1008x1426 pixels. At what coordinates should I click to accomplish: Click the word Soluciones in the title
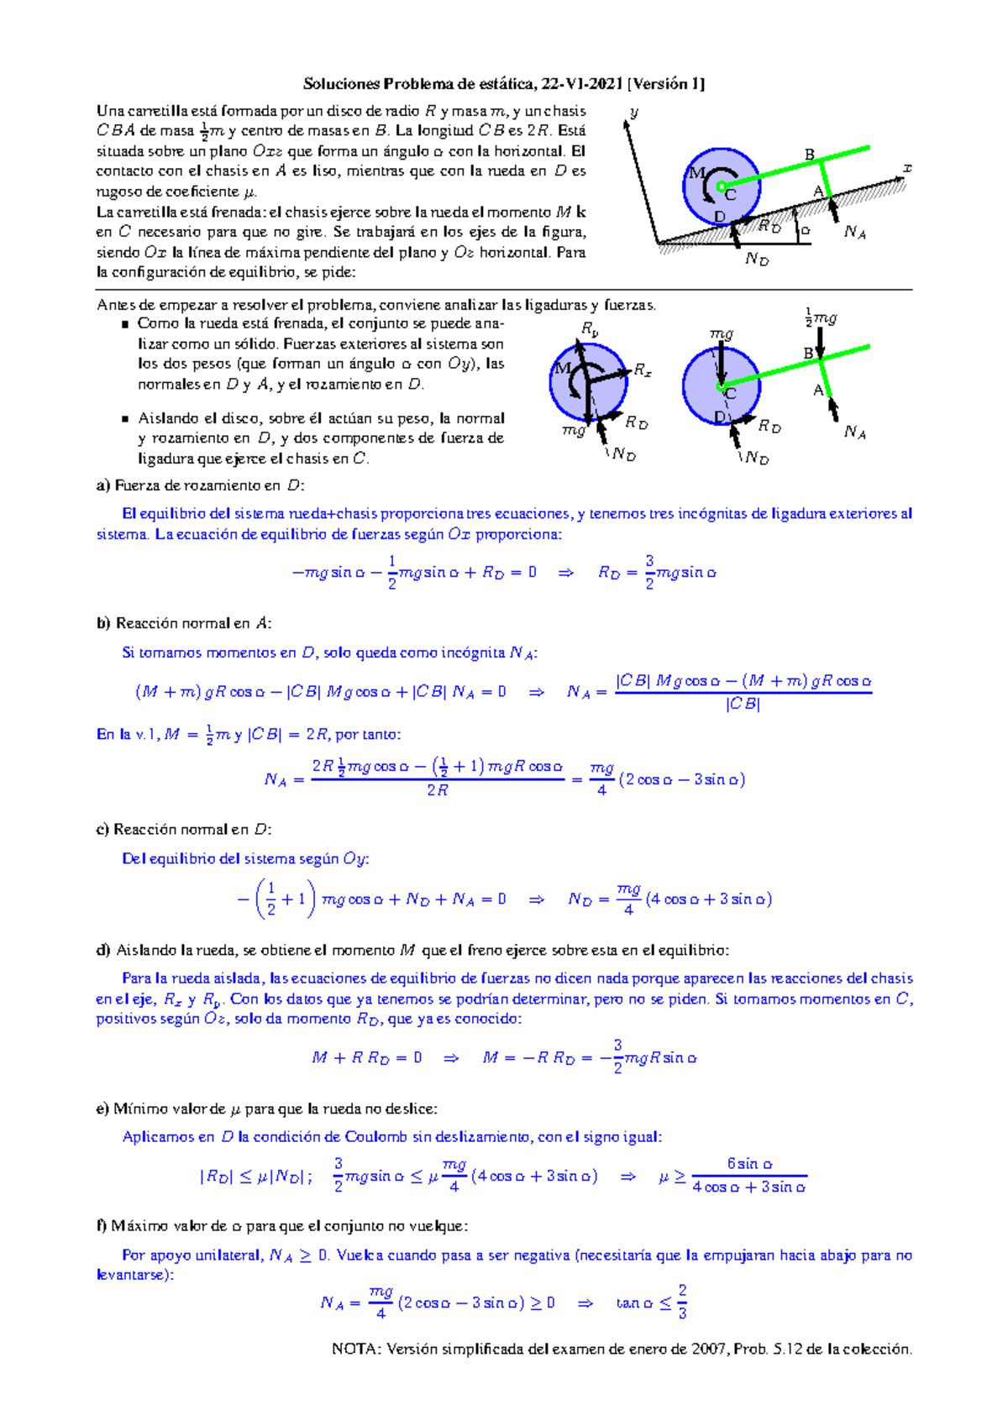coord(342,84)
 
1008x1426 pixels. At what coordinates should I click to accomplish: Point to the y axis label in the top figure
coord(634,113)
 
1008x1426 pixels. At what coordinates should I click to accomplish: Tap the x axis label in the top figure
coord(907,168)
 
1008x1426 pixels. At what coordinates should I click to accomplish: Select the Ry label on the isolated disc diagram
coord(590,330)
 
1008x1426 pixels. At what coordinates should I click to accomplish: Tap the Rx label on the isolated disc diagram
coord(643,370)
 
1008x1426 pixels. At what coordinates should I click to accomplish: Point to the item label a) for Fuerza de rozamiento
coord(103,485)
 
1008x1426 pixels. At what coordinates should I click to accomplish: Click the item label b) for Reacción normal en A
coord(103,624)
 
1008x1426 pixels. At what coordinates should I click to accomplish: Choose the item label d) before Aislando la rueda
coord(103,951)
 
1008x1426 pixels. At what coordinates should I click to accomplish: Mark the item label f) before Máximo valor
coord(102,1226)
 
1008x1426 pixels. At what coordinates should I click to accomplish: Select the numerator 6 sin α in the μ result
coord(749,1164)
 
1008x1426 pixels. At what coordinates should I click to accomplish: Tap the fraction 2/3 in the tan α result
coord(682,1302)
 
